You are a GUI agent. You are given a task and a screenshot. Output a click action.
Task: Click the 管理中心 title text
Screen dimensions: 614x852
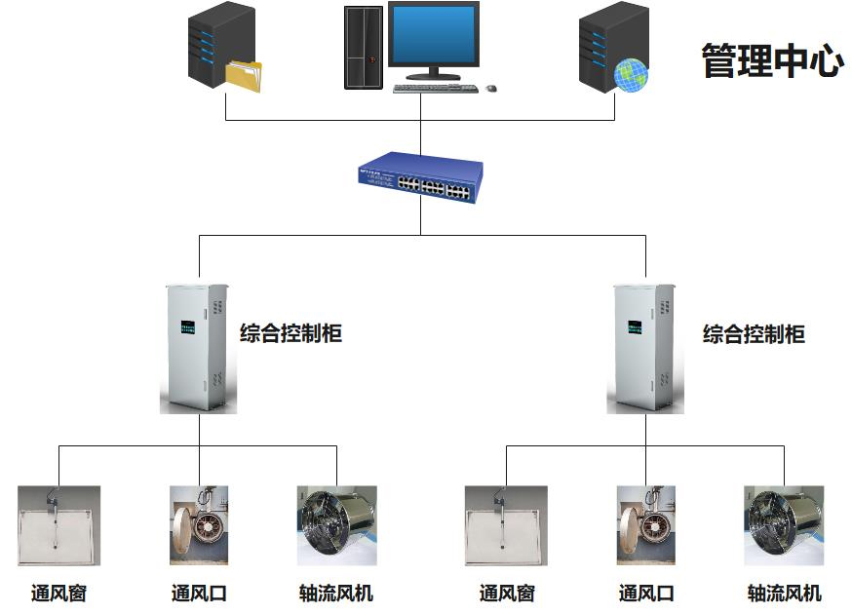pyautogui.click(x=771, y=60)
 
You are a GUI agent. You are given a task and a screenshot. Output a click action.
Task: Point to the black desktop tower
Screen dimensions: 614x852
pyautogui.click(x=362, y=47)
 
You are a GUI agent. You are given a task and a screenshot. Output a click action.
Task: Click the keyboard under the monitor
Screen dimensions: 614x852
pyautogui.click(x=435, y=88)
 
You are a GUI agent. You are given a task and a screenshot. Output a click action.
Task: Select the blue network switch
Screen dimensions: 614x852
pyautogui.click(x=420, y=176)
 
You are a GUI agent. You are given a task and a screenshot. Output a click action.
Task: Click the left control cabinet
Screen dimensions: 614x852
pyautogui.click(x=198, y=346)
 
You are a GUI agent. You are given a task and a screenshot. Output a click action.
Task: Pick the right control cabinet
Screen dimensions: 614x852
pyautogui.click(x=643, y=346)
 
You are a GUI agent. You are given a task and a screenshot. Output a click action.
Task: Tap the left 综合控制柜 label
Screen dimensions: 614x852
pyautogui.click(x=290, y=334)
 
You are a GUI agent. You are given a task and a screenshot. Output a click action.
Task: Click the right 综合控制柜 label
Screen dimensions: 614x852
pyautogui.click(x=754, y=334)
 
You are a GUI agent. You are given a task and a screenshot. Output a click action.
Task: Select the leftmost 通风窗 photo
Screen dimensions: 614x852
pyautogui.click(x=58, y=525)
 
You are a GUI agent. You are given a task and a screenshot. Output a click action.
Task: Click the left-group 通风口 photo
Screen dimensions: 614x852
pyautogui.click(x=199, y=525)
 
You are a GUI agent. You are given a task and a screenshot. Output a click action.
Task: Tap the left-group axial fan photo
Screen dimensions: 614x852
pyautogui.click(x=337, y=525)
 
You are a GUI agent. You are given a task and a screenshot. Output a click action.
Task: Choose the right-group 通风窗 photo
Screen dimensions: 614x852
pyautogui.click(x=506, y=525)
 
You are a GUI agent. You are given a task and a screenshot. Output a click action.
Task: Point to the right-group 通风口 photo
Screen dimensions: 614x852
pyautogui.click(x=645, y=525)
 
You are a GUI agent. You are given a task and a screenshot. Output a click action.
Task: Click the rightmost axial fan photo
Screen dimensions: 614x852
pyautogui.click(x=783, y=525)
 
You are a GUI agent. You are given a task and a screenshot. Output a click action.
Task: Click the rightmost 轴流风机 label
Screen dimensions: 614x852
pyautogui.click(x=784, y=593)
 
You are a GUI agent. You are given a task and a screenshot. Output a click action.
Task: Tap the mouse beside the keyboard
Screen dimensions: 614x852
pyautogui.click(x=491, y=88)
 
